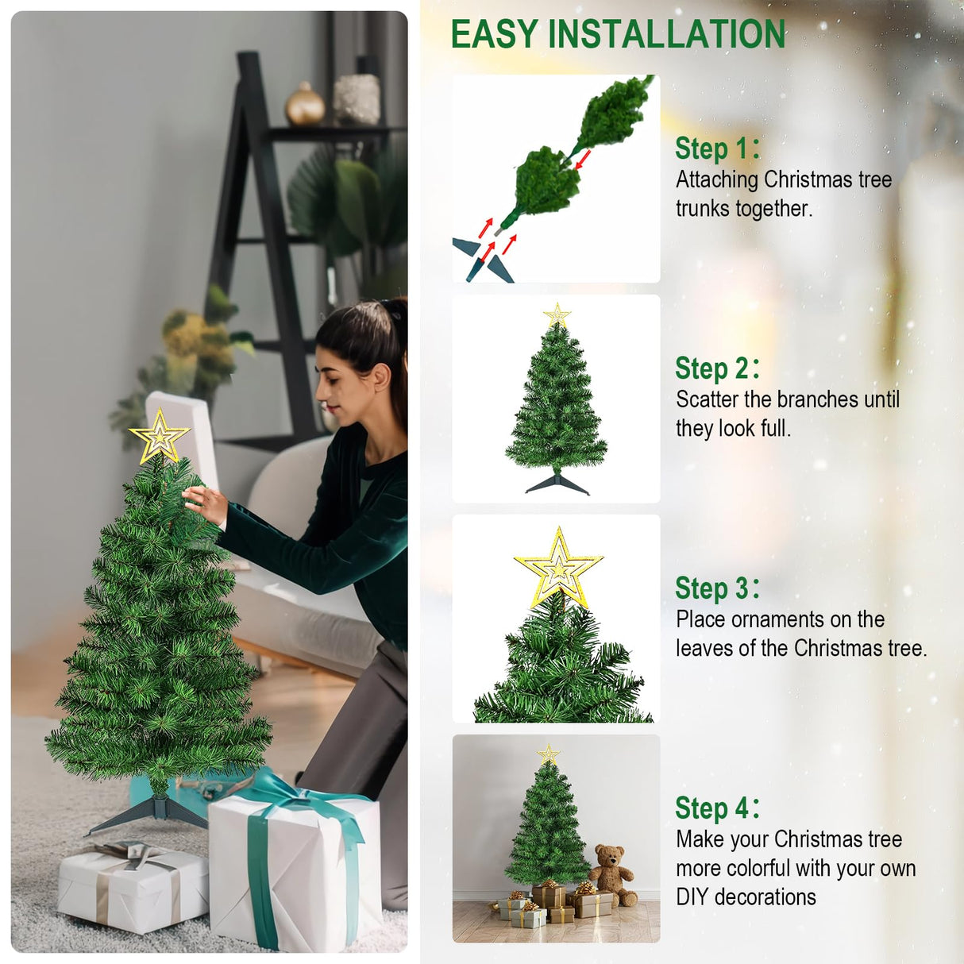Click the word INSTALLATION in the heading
pos(667,35)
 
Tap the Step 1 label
pos(716,148)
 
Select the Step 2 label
pos(716,368)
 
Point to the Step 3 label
pos(716,588)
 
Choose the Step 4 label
pos(716,808)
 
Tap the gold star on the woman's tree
pos(160,436)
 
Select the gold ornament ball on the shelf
pos(305,106)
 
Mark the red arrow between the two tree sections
pos(583,160)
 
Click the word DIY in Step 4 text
pos(692,897)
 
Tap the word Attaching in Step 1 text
pos(717,180)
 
